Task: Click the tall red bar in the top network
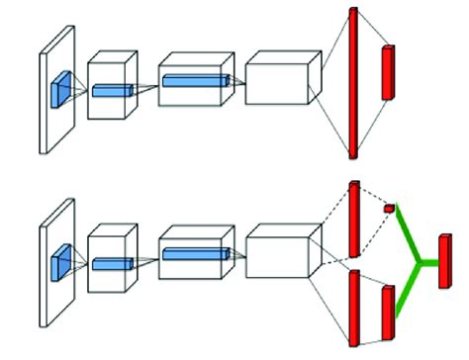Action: (351, 83)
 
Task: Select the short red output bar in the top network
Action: (387, 72)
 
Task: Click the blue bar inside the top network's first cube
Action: (112, 90)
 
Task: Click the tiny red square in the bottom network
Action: (389, 209)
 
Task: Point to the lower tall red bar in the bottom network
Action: (352, 307)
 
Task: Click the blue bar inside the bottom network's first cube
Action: (112, 264)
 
